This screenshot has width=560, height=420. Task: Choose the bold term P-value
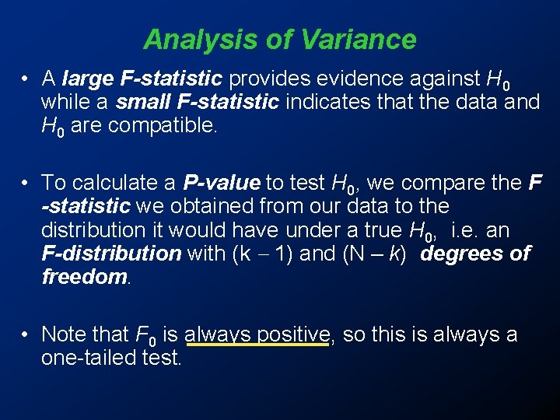[x=222, y=183]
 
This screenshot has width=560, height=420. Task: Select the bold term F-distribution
[x=111, y=253]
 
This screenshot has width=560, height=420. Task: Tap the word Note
[x=61, y=334]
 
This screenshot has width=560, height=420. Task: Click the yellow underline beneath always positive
[x=256, y=347]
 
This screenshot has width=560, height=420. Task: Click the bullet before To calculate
[x=26, y=183]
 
